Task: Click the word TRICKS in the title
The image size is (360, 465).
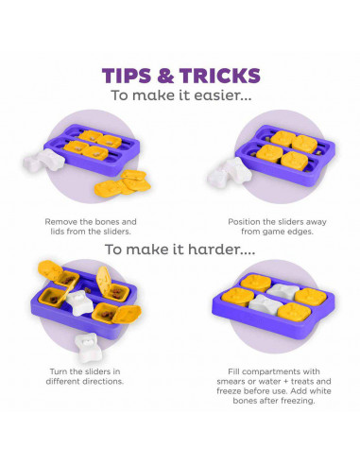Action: click(x=220, y=76)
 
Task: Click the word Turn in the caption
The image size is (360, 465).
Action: click(x=58, y=371)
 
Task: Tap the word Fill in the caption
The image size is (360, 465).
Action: click(x=234, y=371)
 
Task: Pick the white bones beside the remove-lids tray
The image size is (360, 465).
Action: click(x=43, y=161)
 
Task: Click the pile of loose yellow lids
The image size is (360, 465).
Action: click(x=123, y=184)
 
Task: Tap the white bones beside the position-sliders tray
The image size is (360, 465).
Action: click(x=230, y=173)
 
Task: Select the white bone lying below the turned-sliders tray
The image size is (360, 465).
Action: click(x=88, y=348)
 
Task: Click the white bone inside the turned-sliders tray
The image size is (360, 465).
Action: click(x=80, y=302)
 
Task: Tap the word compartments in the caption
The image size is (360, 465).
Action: click(x=274, y=371)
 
